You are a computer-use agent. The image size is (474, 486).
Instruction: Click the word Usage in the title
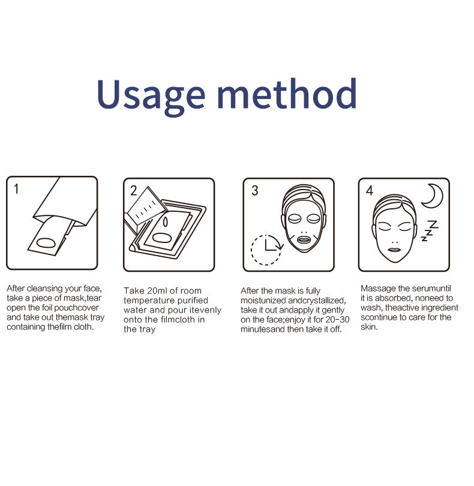pos(151,94)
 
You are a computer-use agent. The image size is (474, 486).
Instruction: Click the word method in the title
pos(287,93)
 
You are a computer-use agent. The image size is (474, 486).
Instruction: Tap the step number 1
pos(16,189)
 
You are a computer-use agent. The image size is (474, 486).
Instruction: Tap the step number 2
pos(134,191)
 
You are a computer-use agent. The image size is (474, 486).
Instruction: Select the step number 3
pos(255,191)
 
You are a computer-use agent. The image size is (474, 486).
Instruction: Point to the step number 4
pos(370,190)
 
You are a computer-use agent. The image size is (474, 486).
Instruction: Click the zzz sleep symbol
pos(430,230)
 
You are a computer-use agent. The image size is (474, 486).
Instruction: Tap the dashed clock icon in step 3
pos(266,250)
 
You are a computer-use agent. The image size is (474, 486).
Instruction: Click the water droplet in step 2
pos(165,222)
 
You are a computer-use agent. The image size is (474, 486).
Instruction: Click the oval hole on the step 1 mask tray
pos(46,242)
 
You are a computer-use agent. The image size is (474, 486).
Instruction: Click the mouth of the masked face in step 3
pos(304,240)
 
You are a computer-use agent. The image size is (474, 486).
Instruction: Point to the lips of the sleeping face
pos(395,250)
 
